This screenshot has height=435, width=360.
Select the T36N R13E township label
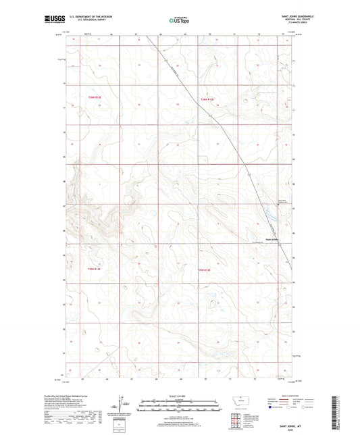tap(207, 100)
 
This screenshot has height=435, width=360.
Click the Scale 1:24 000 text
tap(180, 396)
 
